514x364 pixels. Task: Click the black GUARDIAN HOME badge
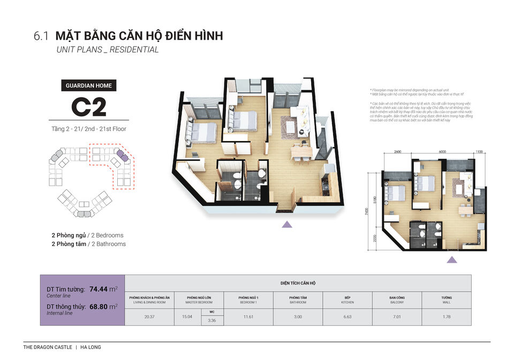88,85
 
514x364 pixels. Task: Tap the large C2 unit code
88,106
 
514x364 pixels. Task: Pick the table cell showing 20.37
149,317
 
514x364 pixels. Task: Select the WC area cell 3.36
212,321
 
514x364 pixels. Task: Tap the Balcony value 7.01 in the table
397,317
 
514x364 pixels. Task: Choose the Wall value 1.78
446,317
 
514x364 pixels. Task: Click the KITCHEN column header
347,300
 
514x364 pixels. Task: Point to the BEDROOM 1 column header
248,300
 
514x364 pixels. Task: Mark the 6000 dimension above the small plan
442,152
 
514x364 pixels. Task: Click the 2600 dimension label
397,152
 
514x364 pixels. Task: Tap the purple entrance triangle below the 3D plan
286,224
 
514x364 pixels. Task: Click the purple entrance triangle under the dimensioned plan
452,260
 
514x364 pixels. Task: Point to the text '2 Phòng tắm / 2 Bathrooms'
89,244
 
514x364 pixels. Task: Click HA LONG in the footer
90,347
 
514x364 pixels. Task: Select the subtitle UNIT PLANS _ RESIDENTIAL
108,50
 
